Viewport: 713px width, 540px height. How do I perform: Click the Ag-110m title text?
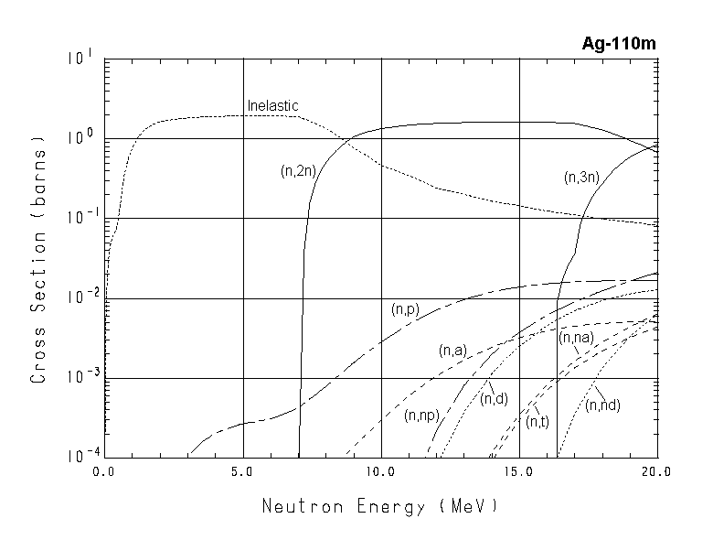coord(620,43)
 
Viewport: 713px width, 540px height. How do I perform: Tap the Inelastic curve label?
coord(272,106)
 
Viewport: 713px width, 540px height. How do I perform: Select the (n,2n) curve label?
coord(298,170)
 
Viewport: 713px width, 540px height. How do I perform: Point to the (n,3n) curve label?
coord(581,178)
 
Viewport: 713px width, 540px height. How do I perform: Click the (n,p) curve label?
coord(404,310)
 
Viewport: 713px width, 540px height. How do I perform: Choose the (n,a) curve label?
coord(453,351)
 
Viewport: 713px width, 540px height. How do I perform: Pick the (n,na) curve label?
coord(577,338)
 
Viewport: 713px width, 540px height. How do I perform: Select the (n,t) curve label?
coord(537,420)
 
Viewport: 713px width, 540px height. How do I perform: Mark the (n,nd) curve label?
coord(602,405)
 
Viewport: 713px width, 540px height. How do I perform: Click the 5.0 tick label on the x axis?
coord(243,472)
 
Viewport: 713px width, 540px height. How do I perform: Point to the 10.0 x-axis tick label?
coord(380,472)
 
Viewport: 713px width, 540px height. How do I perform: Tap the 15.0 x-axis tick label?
coord(518,472)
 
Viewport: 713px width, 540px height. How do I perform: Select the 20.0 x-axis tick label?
coord(655,472)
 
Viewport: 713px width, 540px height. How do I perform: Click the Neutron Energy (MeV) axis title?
coord(380,506)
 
